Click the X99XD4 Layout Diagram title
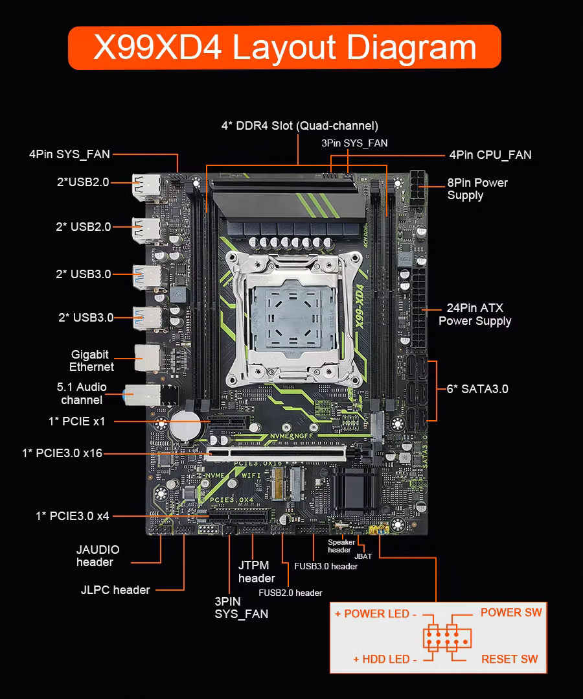[x=284, y=47]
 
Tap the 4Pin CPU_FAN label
[x=490, y=155]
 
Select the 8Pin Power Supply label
[x=477, y=189]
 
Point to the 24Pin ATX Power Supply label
[x=475, y=314]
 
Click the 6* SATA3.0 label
[x=477, y=389]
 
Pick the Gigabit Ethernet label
[x=92, y=361]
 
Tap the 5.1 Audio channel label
[x=82, y=393]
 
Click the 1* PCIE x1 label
[x=76, y=421]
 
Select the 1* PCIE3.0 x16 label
[x=62, y=453]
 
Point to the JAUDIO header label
[x=98, y=556]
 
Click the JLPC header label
[x=115, y=590]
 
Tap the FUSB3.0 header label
[x=326, y=566]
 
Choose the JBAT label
[x=363, y=556]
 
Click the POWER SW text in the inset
[x=511, y=613]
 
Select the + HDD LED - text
[x=385, y=659]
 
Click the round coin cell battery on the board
[x=185, y=425]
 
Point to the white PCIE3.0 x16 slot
[x=276, y=454]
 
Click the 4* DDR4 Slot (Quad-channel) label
[x=300, y=126]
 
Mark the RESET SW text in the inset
[x=510, y=659]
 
